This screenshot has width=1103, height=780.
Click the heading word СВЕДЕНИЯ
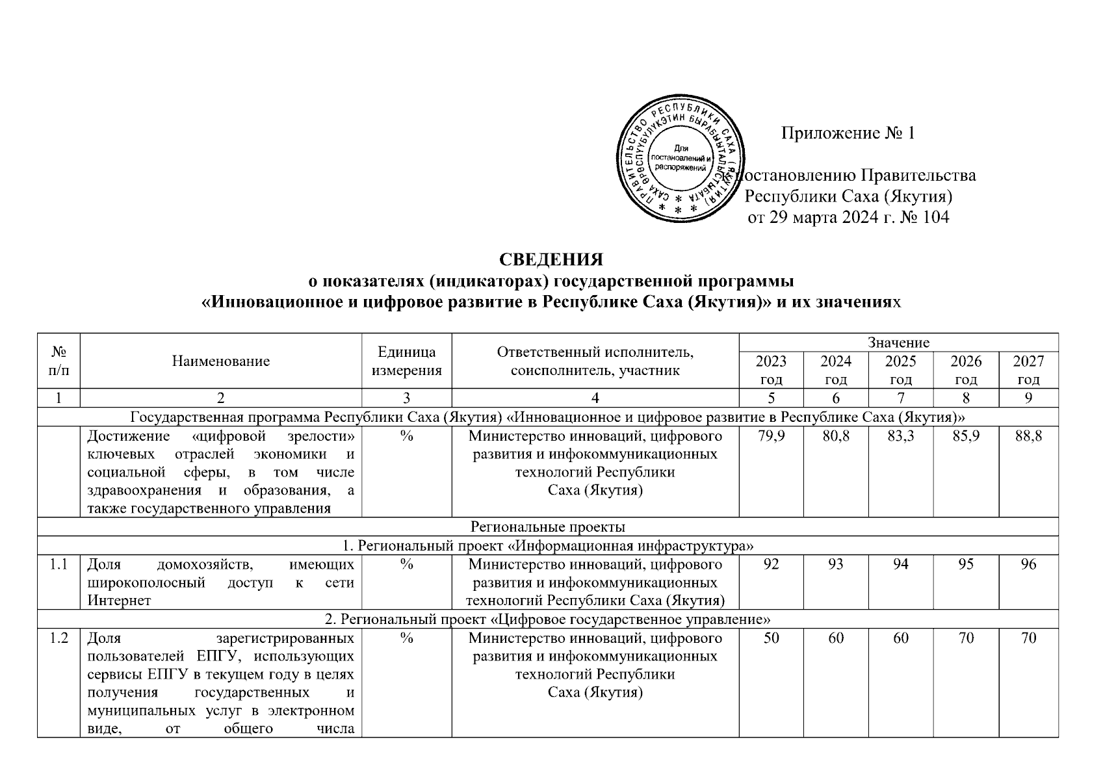click(x=551, y=259)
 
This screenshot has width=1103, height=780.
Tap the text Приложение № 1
click(x=848, y=133)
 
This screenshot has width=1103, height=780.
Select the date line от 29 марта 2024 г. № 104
click(x=848, y=217)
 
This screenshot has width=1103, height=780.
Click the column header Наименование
click(x=220, y=361)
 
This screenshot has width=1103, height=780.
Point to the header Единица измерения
click(x=406, y=361)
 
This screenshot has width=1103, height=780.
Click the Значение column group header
click(x=898, y=342)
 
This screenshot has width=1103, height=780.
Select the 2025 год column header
click(x=900, y=370)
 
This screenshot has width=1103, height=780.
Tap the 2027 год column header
click(x=1028, y=370)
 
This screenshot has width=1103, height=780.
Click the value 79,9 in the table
click(x=771, y=436)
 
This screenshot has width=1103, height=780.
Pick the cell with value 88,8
click(x=1028, y=436)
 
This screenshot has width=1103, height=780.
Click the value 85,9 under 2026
click(x=965, y=436)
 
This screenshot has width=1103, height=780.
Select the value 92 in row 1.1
click(x=771, y=564)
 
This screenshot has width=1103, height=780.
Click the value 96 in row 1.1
click(x=1028, y=564)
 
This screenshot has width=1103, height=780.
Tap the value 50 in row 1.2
click(x=771, y=638)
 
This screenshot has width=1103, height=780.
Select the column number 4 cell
click(x=595, y=398)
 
